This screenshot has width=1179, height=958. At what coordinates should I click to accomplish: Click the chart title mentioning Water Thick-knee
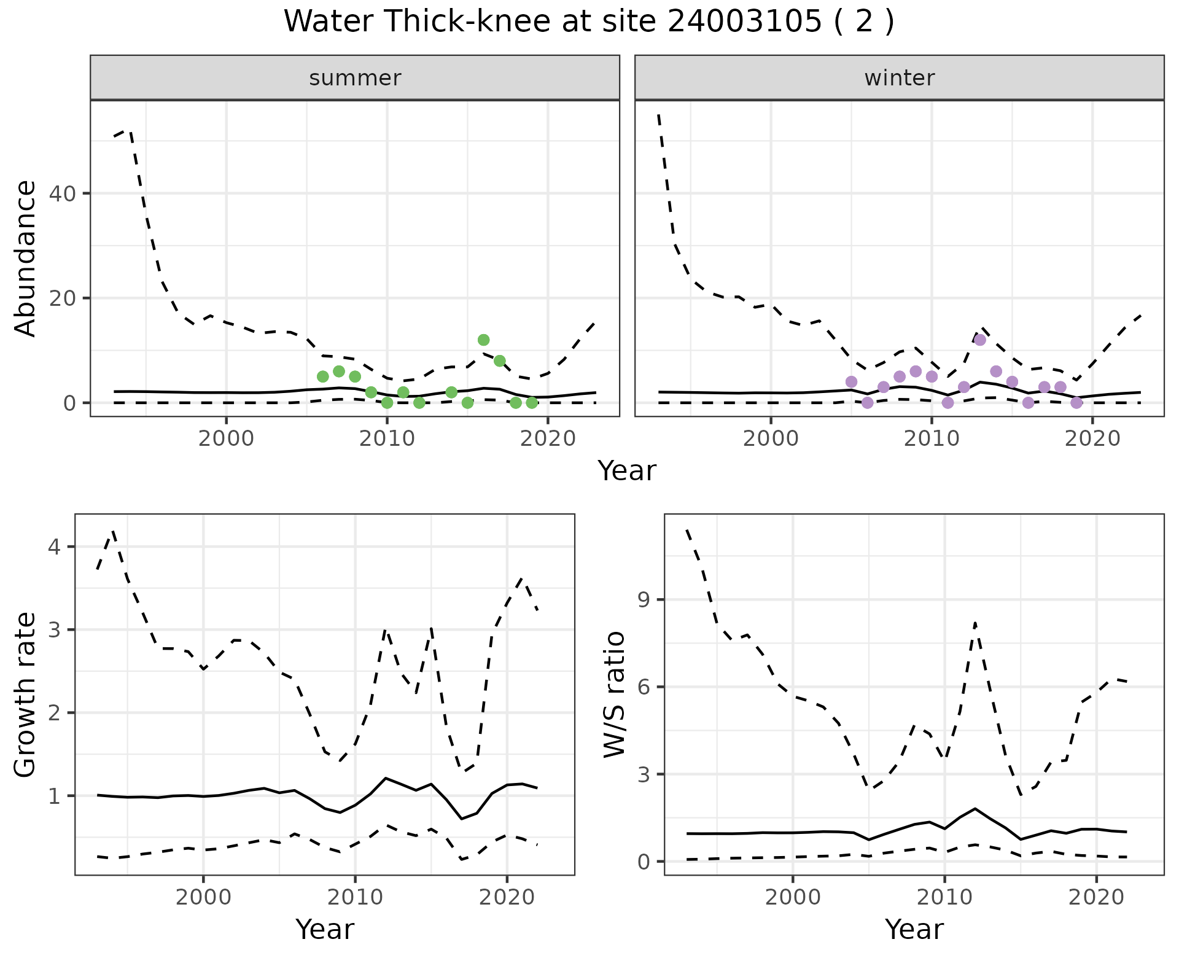589,23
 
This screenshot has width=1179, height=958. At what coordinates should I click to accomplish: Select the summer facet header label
355,78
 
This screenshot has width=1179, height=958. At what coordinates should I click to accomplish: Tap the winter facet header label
899,78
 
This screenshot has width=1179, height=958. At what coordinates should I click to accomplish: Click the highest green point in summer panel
483,340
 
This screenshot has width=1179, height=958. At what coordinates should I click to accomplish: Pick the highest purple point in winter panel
980,340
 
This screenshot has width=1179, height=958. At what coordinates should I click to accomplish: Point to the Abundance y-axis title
25,259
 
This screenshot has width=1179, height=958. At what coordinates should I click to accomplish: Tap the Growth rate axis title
25,695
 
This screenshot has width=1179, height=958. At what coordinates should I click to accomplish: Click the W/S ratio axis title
615,695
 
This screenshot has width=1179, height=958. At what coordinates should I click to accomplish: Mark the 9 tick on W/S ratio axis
644,600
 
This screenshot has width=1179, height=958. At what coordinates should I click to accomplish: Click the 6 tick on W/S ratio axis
644,687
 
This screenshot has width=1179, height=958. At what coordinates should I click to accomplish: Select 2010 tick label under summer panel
387,438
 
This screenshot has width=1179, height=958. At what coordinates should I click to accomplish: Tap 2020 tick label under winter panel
1092,438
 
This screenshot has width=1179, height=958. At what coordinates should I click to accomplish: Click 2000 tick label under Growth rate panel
203,897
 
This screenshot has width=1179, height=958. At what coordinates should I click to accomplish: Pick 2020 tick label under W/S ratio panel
1097,897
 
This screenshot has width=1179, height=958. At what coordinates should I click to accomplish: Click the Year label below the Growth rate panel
325,929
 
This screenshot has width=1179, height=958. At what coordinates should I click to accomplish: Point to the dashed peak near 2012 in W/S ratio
975,623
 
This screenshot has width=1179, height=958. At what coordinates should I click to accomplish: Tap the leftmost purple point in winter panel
851,382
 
